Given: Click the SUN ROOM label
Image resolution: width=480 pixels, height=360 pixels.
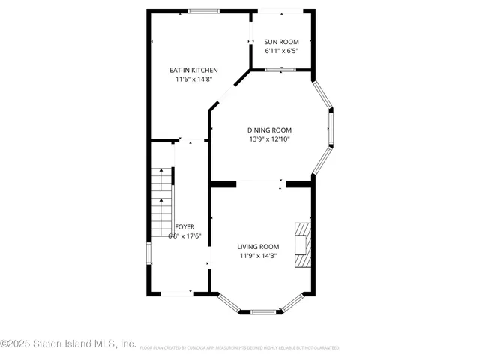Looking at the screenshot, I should click(282, 41).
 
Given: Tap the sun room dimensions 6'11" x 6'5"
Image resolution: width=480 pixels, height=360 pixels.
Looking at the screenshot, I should click(282, 51).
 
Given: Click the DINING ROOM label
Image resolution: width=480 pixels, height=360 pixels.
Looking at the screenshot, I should click(269, 130).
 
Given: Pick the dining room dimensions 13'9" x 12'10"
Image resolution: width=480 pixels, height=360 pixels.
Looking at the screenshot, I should click(269, 139).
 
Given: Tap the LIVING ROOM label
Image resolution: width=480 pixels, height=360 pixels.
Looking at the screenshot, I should click(258, 247).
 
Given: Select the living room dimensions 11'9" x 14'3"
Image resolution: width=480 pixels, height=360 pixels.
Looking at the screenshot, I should click(258, 256).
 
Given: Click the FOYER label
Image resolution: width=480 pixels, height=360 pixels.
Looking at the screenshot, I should click(184, 226).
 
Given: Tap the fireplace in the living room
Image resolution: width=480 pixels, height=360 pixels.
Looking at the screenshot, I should click(303, 244).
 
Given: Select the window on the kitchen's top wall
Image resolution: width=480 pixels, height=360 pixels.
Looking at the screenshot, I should click(203, 10).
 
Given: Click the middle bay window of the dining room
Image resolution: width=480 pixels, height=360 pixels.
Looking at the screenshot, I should click(331, 128).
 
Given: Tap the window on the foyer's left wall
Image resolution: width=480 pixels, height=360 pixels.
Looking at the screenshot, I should click(148, 253).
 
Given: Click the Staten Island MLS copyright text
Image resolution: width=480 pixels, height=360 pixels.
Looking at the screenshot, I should click(68, 344).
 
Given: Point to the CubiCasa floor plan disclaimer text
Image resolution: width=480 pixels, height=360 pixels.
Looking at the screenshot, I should click(240, 348).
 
